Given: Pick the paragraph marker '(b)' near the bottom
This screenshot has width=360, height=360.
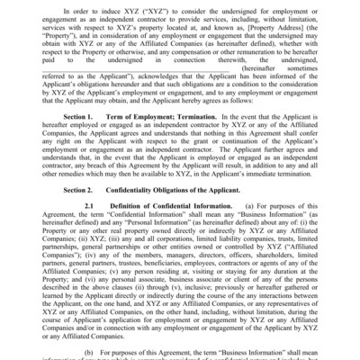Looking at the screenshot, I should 89,347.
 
